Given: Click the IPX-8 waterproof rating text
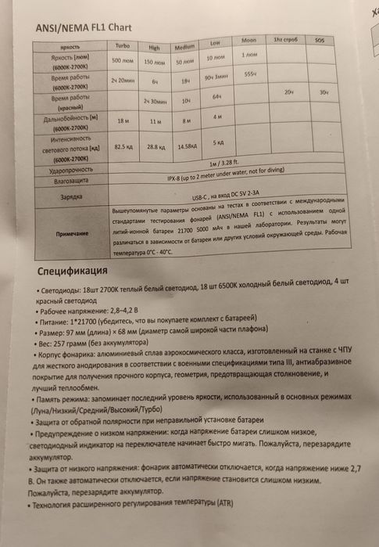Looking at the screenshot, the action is tap(203, 177).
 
